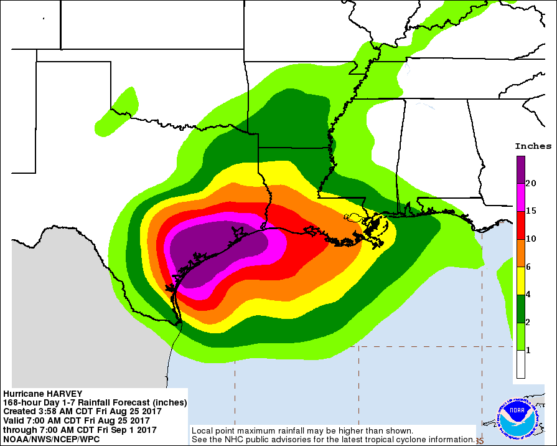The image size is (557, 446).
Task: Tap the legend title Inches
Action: coord(533,146)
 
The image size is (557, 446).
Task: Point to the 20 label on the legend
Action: coord(531,183)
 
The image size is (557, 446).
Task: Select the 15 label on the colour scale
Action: coord(531,211)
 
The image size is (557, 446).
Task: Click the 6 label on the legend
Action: coord(528,267)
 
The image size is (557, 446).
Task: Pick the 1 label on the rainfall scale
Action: coord(528,350)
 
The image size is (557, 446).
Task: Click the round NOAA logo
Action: coord(515,415)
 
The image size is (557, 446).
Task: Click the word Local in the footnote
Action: coord(203,431)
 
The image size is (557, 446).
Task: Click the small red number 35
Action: coord(479,441)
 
